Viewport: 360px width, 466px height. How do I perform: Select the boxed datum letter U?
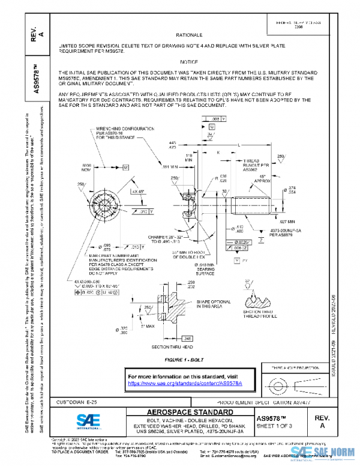tap(212, 127)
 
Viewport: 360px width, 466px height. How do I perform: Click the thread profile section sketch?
tap(260, 295)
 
